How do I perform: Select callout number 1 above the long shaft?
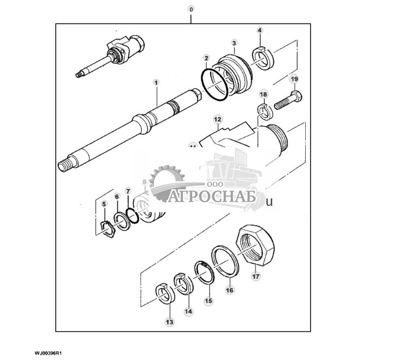pyautogui.click(x=156, y=83)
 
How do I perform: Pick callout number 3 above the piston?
pyautogui.click(x=234, y=43)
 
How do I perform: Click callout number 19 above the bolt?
pyautogui.click(x=294, y=79)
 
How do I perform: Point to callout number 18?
pyautogui.click(x=263, y=94)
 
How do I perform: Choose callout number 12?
pyautogui.click(x=218, y=120)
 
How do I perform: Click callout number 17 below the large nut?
pyautogui.click(x=255, y=276)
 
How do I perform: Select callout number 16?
pyautogui.click(x=229, y=290)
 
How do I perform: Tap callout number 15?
pyautogui.click(x=208, y=300)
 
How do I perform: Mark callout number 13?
pyautogui.click(x=169, y=322)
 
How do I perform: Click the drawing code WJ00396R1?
pyautogui.click(x=50, y=353)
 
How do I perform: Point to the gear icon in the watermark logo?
pyautogui.click(x=167, y=182)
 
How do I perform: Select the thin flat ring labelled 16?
pyautogui.click(x=225, y=261)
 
